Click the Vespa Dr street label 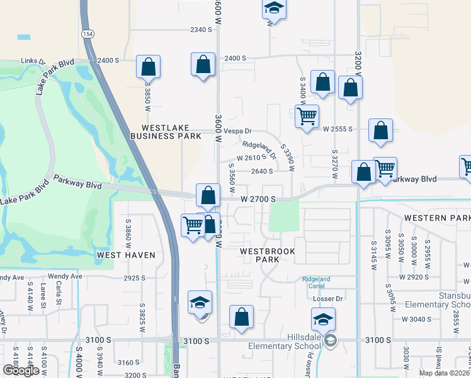pos(238,132)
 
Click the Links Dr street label pos(33,61)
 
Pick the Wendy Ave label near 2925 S pos(68,277)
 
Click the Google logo pos(21,370)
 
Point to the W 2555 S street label pos(337,129)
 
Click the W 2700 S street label pos(258,199)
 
